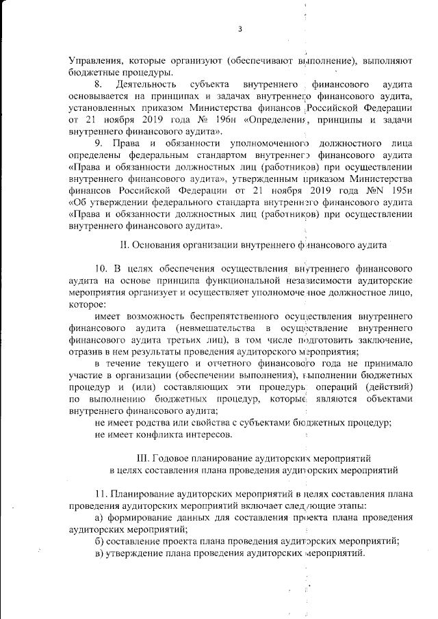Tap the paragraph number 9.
pyautogui.click(x=99, y=142)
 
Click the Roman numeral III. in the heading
pyautogui.click(x=145, y=458)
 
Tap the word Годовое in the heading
pyautogui.click(x=177, y=458)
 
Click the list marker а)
pyautogui.click(x=100, y=518)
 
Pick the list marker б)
pyautogui.click(x=100, y=541)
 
